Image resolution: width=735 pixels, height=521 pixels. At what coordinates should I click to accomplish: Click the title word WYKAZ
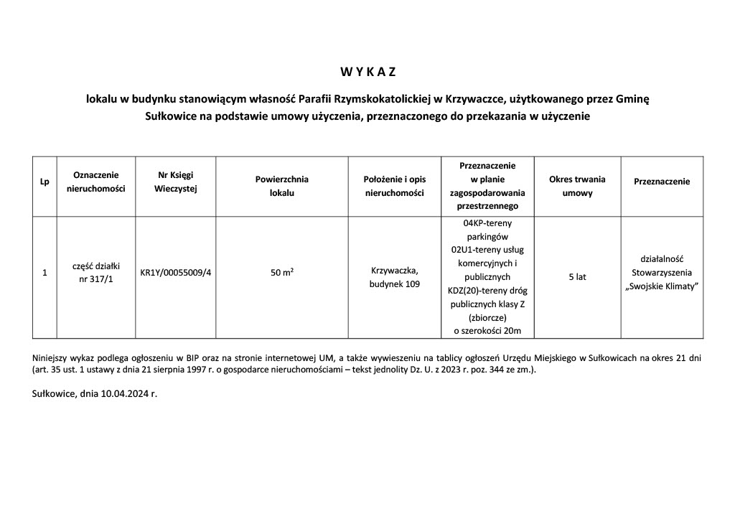click(x=367, y=72)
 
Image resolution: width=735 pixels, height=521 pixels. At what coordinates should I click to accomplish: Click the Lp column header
click(x=45, y=182)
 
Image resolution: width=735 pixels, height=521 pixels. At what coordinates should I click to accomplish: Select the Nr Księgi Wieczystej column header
click(x=176, y=182)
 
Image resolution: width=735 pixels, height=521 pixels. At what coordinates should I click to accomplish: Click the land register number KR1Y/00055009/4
click(x=176, y=273)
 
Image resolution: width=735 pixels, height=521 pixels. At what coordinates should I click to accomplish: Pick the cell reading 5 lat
click(x=577, y=277)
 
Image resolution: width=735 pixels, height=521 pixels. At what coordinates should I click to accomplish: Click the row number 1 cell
click(x=45, y=273)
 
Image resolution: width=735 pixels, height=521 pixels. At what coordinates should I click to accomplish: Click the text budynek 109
click(x=394, y=283)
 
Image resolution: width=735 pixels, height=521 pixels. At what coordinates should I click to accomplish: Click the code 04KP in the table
click(x=475, y=222)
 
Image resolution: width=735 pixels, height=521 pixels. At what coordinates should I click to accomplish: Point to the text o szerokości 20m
click(x=487, y=330)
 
